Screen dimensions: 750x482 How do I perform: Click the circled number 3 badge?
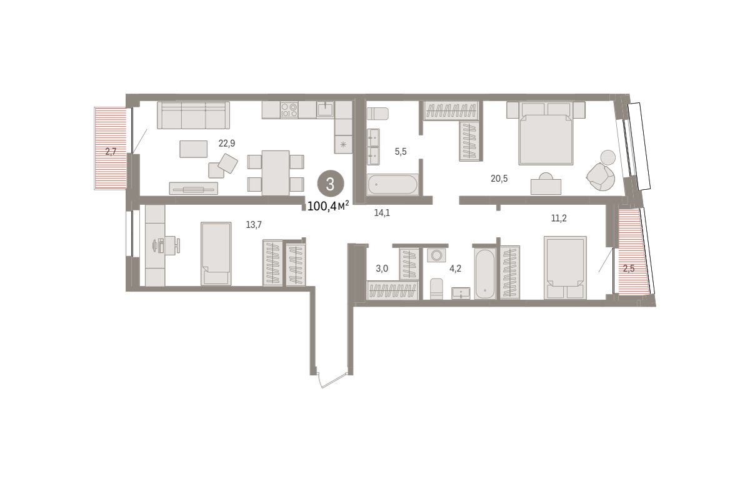pos(331,184)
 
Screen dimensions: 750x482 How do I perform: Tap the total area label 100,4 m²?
pos(328,206)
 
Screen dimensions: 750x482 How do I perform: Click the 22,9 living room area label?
pos(227,144)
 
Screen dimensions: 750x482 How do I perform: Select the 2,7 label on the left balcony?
pos(111,152)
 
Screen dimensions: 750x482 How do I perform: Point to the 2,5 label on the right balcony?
pos(629,268)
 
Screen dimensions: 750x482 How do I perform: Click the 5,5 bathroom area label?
pos(401,152)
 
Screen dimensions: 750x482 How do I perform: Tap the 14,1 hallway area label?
pos(382,213)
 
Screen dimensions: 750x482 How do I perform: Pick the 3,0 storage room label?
pos(382,268)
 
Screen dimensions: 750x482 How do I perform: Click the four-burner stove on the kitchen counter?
pos(289,110)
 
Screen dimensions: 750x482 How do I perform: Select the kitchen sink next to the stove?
pos(325,109)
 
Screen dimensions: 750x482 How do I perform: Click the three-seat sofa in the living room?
pos(194,116)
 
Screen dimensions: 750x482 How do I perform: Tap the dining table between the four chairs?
pos(276,172)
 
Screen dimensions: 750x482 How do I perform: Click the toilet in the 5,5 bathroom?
pos(377,114)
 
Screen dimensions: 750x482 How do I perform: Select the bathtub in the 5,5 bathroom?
pos(392,184)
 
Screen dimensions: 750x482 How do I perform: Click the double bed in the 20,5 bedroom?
pos(546,133)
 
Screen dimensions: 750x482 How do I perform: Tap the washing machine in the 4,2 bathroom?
pos(437,255)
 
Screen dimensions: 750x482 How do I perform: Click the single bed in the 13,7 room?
pos(216,253)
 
